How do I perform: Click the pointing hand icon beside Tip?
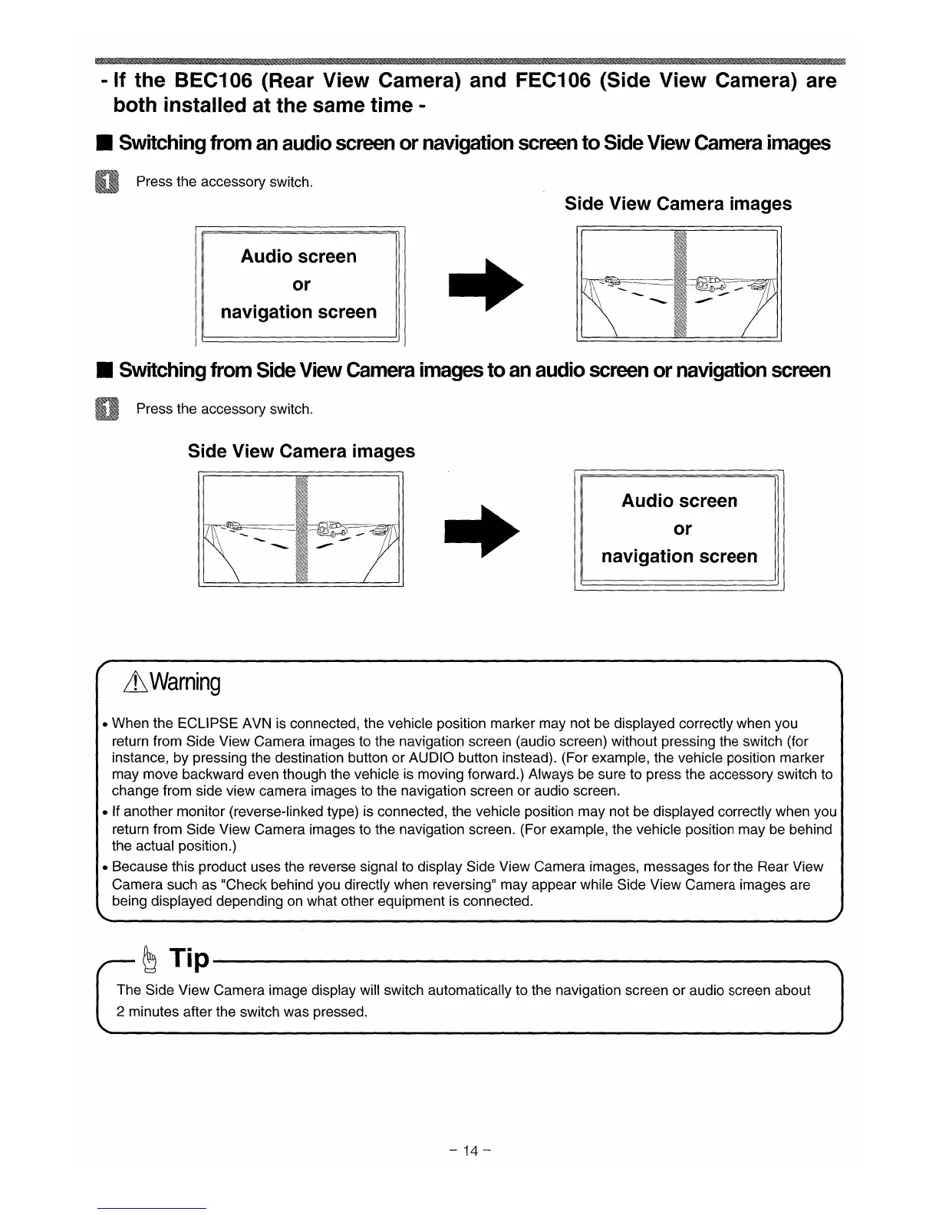(150, 958)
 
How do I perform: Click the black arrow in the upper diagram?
(485, 285)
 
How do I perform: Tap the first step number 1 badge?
(108, 183)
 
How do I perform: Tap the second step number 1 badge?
(108, 410)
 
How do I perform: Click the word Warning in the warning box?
(186, 681)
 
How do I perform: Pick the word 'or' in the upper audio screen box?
(301, 285)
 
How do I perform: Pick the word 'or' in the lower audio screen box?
(682, 529)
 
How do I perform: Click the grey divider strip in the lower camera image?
(301, 530)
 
